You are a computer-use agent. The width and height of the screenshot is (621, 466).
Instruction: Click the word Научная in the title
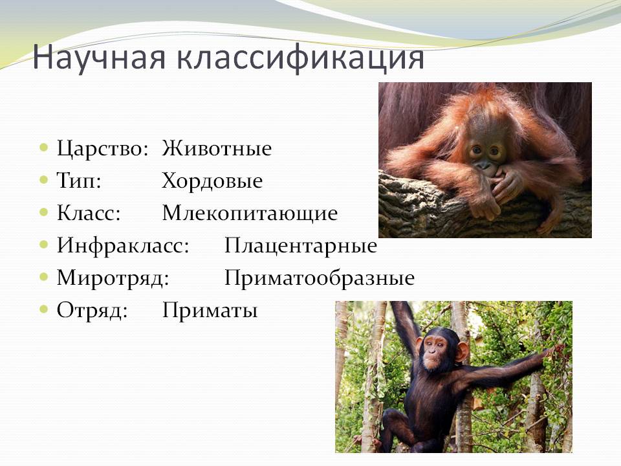[98, 58]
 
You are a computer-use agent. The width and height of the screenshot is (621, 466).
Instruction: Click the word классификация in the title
[300, 58]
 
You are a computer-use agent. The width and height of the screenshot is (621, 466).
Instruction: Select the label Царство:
[103, 150]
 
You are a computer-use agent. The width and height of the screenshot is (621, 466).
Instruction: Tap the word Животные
[217, 149]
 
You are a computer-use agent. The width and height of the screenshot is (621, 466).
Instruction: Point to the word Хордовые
[212, 181]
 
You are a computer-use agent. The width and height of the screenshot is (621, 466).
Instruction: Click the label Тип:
[79, 181]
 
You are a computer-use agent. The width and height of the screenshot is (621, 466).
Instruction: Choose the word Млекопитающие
[250, 214]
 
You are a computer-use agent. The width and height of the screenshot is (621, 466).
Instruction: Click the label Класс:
[89, 213]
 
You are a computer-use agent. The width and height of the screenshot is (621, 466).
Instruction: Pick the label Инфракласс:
[123, 246]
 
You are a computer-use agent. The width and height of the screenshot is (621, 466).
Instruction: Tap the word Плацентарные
[301, 246]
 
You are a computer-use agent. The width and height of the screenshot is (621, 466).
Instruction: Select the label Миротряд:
[113, 278]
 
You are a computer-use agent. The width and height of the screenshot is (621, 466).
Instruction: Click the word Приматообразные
[320, 278]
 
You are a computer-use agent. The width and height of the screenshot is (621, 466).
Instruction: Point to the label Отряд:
[93, 311]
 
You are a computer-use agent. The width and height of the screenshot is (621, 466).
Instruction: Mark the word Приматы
[210, 311]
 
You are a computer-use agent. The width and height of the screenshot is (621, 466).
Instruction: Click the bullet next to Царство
[44, 148]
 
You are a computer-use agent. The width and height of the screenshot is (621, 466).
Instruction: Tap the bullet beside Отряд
[44, 309]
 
